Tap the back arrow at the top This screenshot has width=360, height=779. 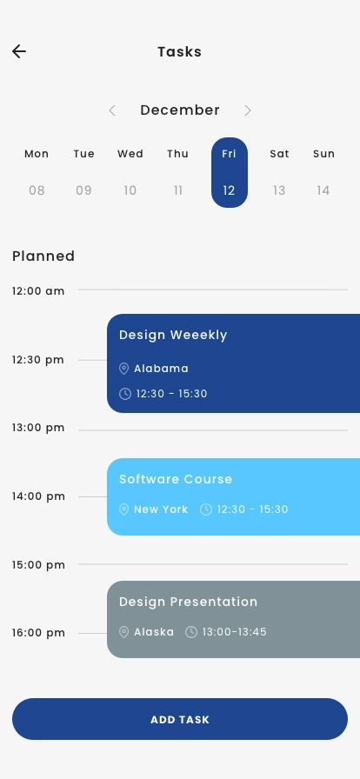[x=19, y=51]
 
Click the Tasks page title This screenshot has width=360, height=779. [x=179, y=51]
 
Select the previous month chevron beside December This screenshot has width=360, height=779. [x=112, y=110]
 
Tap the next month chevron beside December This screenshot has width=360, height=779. [x=248, y=110]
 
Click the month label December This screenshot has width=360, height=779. [x=180, y=110]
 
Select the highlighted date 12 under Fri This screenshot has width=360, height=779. [x=229, y=190]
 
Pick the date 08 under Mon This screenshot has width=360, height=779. [x=37, y=190]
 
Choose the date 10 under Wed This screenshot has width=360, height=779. [x=130, y=190]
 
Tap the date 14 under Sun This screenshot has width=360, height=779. [x=323, y=190]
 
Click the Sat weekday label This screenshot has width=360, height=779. [x=279, y=154]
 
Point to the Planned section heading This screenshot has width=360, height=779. [x=43, y=256]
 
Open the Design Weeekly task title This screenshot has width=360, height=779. [x=173, y=335]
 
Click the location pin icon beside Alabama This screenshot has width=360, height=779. [x=124, y=369]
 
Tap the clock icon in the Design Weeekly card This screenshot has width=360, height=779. [x=125, y=394]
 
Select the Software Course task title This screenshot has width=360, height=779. [x=176, y=479]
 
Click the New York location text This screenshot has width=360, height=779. [x=161, y=509]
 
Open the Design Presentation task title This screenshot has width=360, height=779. [x=188, y=602]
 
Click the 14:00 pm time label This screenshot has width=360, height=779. [x=38, y=496]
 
